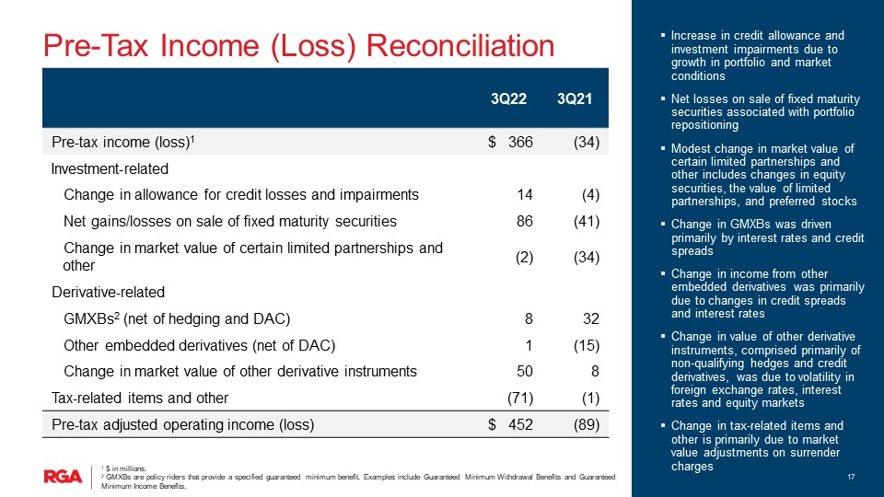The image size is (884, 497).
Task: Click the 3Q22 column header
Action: tap(508, 99)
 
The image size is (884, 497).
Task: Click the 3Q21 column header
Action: tap(575, 99)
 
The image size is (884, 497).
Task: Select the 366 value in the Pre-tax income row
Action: tap(520, 142)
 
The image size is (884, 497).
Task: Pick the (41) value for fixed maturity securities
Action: tap(587, 222)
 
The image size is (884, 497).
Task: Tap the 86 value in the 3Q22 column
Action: tap(524, 222)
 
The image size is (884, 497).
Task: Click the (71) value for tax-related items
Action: tap(520, 399)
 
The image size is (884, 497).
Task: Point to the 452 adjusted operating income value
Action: tap(520, 425)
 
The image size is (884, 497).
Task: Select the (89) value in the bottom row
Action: tap(587, 425)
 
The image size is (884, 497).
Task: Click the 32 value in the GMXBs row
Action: tap(591, 319)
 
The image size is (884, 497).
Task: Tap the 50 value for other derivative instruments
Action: tap(524, 371)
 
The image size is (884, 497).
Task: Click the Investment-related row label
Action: tap(110, 169)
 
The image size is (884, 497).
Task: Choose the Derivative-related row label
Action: tap(109, 293)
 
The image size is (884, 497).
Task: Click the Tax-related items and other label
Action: tap(140, 399)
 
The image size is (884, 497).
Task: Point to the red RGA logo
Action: tap(64, 477)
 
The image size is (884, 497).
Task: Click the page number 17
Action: tap(851, 478)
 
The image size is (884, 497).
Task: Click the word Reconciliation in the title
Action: tap(460, 46)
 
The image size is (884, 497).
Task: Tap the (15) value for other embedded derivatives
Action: tap(587, 345)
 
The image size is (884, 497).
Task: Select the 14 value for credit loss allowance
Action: tap(524, 195)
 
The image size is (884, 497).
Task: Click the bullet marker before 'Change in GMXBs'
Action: tap(663, 225)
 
